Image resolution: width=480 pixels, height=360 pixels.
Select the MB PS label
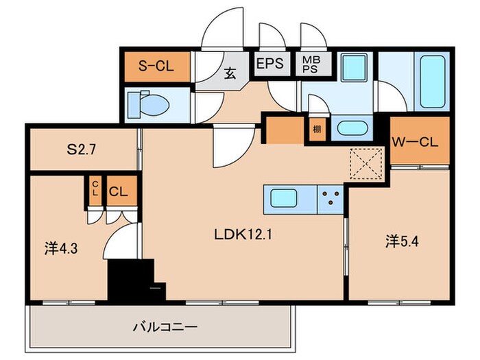[309, 65]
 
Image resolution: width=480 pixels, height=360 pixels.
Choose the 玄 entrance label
[230, 73]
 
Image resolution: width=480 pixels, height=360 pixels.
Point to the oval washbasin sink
[352, 128]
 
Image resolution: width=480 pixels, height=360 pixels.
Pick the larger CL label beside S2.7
[117, 192]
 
